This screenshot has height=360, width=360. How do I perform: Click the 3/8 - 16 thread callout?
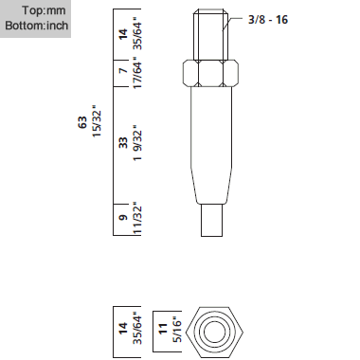(x=268, y=20)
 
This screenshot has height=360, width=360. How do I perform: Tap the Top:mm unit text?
(x=44, y=10)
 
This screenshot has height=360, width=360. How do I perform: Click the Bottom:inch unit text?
(x=37, y=26)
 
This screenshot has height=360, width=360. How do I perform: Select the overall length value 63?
(x=81, y=122)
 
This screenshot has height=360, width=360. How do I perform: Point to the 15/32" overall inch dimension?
(x=97, y=121)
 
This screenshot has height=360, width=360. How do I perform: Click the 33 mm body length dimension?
(x=123, y=142)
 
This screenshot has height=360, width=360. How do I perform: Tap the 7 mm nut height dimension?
(x=123, y=71)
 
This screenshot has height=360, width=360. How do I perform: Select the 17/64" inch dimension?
(x=137, y=73)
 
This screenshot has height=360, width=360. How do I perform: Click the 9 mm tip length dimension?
(x=123, y=217)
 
